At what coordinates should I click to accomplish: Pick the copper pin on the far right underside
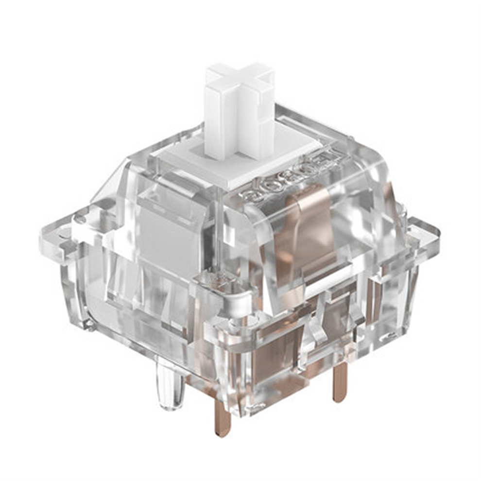point(340,384)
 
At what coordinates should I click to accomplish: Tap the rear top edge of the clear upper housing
point(311,117)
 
